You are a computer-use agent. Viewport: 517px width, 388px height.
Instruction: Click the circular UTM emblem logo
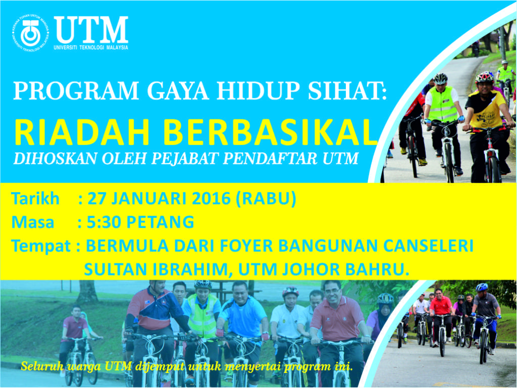30,33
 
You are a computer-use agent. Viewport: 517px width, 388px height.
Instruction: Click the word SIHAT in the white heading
347,90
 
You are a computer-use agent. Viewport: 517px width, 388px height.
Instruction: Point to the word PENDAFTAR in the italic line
271,158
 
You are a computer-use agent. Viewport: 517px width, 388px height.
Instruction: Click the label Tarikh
35,199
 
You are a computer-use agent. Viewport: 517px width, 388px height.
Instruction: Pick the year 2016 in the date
211,199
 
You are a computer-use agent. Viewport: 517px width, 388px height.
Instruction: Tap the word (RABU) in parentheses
266,199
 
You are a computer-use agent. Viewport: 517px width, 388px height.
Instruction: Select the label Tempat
41,246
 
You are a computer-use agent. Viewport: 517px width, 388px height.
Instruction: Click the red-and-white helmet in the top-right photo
484,77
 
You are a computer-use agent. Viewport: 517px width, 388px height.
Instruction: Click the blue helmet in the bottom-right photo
482,287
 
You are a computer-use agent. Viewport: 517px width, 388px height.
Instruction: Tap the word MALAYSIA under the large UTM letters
117,47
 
